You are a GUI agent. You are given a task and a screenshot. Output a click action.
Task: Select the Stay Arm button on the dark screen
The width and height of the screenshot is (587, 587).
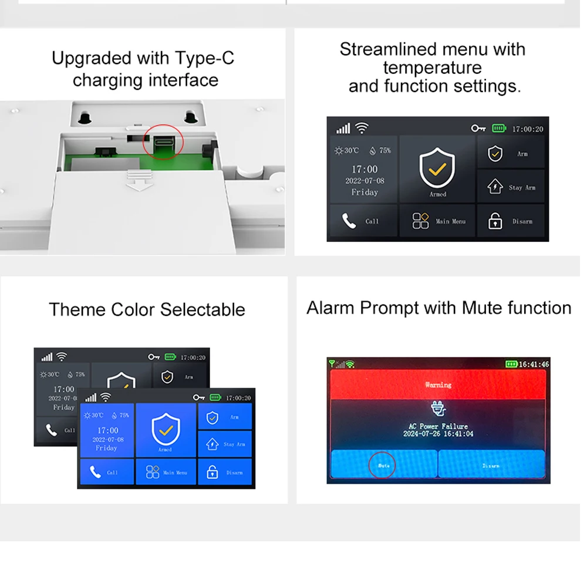point(511,187)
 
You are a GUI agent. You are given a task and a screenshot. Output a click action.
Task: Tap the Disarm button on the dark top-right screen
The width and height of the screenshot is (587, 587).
point(511,221)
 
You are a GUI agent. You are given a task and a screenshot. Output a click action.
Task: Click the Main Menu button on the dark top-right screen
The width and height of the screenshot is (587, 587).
point(437,221)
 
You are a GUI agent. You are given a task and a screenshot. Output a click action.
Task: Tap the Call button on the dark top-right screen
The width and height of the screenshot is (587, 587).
point(363,221)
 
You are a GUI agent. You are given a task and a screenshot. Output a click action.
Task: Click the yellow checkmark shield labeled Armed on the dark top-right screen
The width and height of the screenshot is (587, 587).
point(437,169)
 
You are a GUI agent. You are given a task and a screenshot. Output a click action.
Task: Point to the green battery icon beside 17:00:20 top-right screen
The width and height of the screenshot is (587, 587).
point(499,129)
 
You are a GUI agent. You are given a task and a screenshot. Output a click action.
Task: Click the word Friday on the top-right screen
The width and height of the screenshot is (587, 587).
point(365,193)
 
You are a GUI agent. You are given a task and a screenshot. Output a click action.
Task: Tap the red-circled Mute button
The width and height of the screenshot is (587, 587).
point(383,465)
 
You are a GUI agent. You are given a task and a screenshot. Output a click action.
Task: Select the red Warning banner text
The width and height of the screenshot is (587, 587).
point(438,385)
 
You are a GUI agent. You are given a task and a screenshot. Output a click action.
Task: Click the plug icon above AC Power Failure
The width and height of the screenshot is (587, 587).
point(438,409)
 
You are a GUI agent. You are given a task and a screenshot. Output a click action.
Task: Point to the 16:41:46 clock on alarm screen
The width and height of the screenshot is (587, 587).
point(534,365)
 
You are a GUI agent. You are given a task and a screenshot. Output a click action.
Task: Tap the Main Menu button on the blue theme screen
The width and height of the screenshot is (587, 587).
point(166,472)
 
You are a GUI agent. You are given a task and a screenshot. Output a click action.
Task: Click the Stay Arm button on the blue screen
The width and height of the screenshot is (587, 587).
point(225,444)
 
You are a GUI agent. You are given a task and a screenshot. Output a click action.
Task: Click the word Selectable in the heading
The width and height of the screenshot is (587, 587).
point(203,310)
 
